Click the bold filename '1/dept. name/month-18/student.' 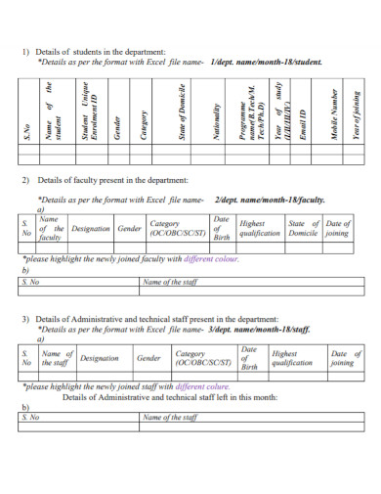(x=266, y=61)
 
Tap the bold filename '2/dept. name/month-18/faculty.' (x=269, y=199)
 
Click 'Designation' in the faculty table (x=91, y=228)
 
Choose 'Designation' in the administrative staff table (x=99, y=359)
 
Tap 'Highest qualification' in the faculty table (x=259, y=229)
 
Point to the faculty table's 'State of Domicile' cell (x=303, y=229)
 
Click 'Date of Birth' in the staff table (x=249, y=359)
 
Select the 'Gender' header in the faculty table (x=130, y=228)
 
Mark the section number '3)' (x=26, y=319)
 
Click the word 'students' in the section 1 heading (x=83, y=51)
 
